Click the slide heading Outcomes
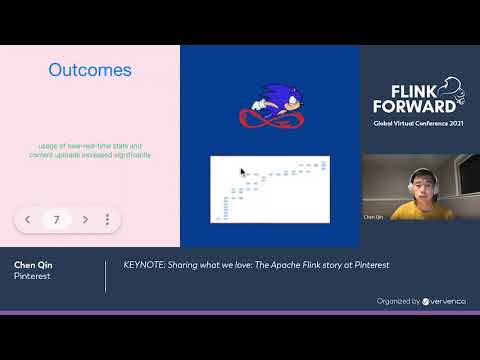[90, 70]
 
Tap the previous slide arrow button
[28, 219]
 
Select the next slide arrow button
[86, 219]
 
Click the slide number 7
[57, 219]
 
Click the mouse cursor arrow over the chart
[243, 172]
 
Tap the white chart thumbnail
[269, 188]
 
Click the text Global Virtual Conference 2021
[417, 122]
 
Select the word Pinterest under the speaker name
[31, 276]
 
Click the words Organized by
[398, 300]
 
